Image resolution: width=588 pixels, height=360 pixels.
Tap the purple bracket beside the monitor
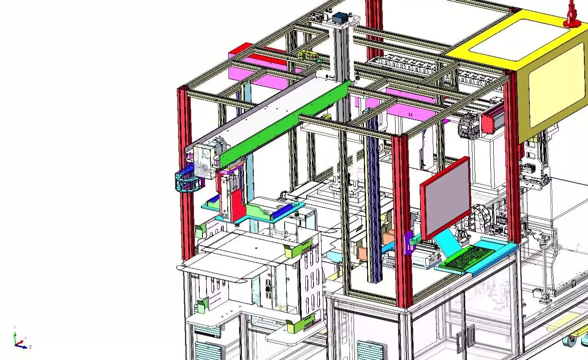click(408, 243)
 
